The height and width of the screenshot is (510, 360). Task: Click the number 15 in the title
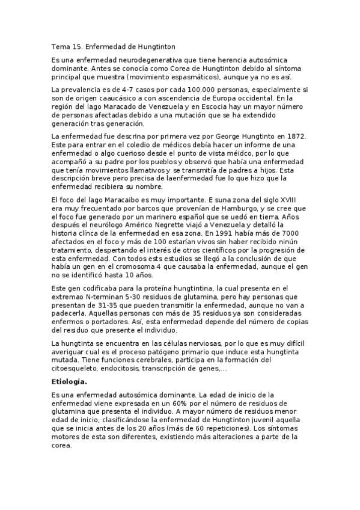79,46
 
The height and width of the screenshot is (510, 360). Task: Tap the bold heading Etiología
69,381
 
